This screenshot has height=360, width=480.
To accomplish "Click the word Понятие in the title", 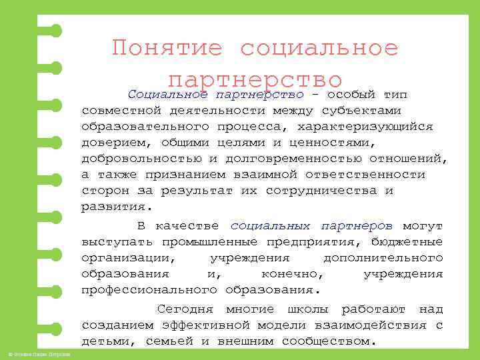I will coord(167,48).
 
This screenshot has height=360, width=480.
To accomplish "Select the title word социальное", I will coord(319,48).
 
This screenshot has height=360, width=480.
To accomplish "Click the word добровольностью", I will coord(142,159).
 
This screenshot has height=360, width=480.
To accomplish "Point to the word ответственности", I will coord(365,175).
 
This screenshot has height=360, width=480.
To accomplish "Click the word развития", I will coord(114,207).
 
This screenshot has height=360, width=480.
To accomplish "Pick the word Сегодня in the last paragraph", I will coord(185,309).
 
